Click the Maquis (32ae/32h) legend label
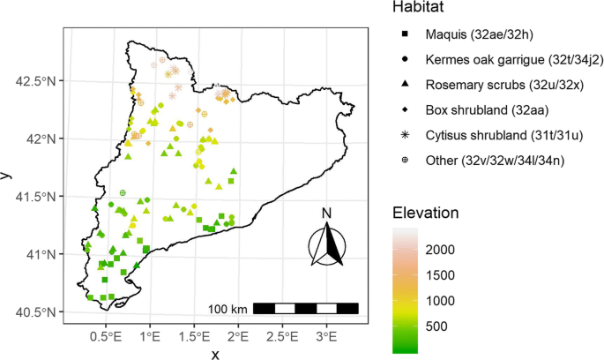[x=466, y=34]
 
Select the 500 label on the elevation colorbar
[x=435, y=326]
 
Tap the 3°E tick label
[x=327, y=337]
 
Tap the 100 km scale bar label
[x=227, y=309]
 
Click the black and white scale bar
[x=305, y=308]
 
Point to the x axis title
[x=214, y=353]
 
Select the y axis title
[x=8, y=176]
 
